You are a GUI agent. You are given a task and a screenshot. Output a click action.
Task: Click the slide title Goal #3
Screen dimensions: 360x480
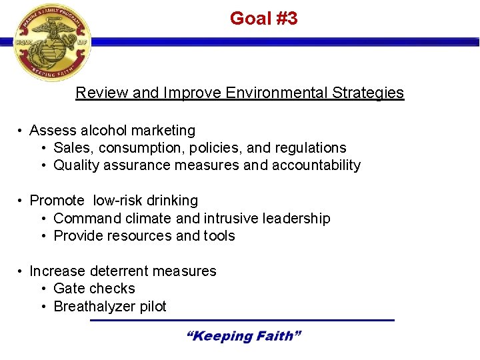point(263,19)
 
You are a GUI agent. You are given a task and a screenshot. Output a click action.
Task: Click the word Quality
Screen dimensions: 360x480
point(76,165)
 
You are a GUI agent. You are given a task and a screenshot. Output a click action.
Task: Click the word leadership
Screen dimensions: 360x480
point(299,219)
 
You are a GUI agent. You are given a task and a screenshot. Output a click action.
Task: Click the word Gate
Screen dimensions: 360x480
point(68,289)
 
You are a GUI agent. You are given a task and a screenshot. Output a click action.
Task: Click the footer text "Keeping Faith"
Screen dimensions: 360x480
point(243,336)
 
